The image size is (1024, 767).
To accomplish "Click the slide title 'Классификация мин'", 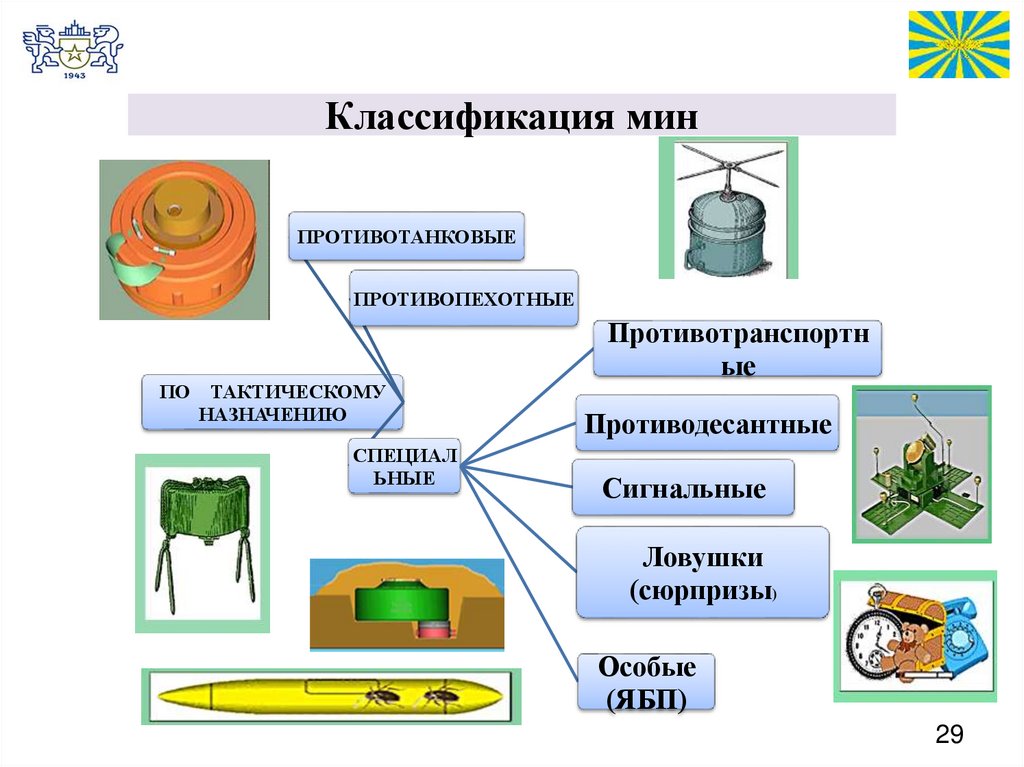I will coord(510,116).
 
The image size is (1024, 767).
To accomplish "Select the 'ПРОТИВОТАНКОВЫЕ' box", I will coord(406,237).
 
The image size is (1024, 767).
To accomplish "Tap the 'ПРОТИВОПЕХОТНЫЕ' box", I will coord(463,298).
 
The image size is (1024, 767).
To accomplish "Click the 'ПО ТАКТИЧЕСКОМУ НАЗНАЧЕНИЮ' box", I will coord(272,402).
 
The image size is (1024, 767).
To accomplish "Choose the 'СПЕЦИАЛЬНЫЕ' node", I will coord(404,466).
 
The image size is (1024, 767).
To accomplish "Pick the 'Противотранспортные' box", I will coord(737,348).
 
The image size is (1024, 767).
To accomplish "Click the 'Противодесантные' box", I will coord(708,424).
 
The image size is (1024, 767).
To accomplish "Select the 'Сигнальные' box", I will coord(684,489).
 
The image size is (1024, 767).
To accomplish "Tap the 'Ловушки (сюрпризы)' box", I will coord(703,572).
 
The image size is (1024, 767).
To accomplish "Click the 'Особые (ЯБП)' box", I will coord(646,682).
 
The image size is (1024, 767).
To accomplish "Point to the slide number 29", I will coord(948,736).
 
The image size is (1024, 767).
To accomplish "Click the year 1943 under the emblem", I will coord(72,75).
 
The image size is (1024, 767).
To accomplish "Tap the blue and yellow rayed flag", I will coord(958,44).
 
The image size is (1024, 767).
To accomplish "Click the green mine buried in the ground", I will coord(406,606).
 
